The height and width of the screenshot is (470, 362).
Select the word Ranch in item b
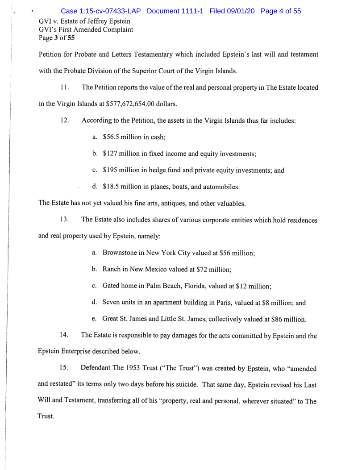[x=112, y=269]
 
